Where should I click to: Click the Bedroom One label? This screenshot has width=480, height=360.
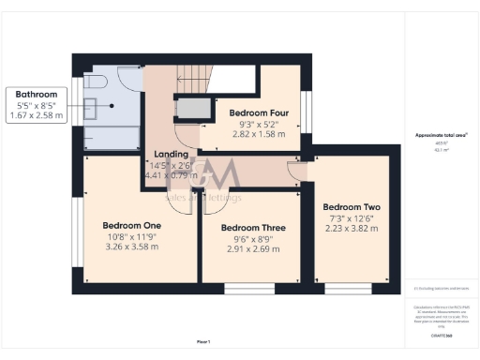pyautogui.click(x=132, y=226)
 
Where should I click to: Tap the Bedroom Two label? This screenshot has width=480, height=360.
pyautogui.click(x=352, y=206)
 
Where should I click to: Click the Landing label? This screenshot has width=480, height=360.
pyautogui.click(x=171, y=155)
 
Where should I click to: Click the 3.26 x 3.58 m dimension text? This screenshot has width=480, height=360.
pyautogui.click(x=132, y=247)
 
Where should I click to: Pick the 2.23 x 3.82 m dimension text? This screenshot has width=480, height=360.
pyautogui.click(x=352, y=228)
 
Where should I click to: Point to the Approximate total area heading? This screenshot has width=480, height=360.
pyautogui.click(x=441, y=135)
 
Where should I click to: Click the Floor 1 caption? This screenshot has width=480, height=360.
pyautogui.click(x=203, y=341)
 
